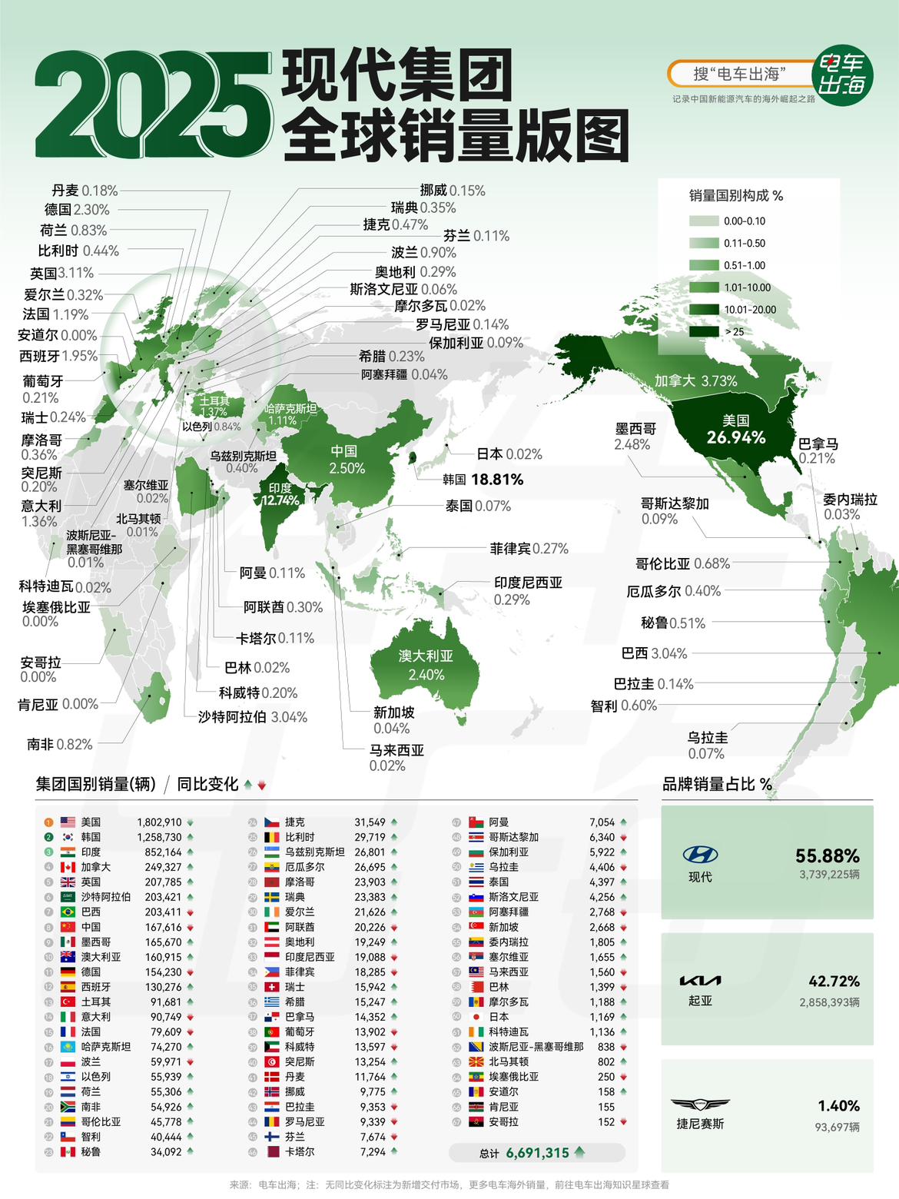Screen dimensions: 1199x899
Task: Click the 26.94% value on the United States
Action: pyautogui.click(x=736, y=437)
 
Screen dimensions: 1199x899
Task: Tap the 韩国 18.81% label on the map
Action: pyautogui.click(x=483, y=480)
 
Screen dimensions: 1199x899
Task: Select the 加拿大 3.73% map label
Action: pyautogui.click(x=695, y=380)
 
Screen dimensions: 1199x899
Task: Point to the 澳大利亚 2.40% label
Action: pyautogui.click(x=426, y=666)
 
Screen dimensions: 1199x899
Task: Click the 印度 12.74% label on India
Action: pyautogui.click(x=280, y=494)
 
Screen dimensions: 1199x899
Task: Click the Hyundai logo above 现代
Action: pyautogui.click(x=700, y=854)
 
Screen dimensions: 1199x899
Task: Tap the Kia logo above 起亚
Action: pyautogui.click(x=700, y=981)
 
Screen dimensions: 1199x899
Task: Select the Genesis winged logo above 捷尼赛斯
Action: pyautogui.click(x=700, y=1105)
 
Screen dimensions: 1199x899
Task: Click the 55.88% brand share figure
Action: pyautogui.click(x=828, y=855)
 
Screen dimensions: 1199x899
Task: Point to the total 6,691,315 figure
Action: pyautogui.click(x=537, y=1153)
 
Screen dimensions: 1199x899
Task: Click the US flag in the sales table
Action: pyautogui.click(x=68, y=822)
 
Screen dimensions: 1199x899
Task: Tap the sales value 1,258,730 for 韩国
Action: pyautogui.click(x=159, y=837)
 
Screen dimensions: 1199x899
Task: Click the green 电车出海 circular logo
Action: pyautogui.click(x=842, y=74)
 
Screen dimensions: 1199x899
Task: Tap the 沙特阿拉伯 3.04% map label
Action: pyautogui.click(x=253, y=717)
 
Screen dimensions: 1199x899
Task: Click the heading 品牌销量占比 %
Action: pyautogui.click(x=717, y=784)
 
